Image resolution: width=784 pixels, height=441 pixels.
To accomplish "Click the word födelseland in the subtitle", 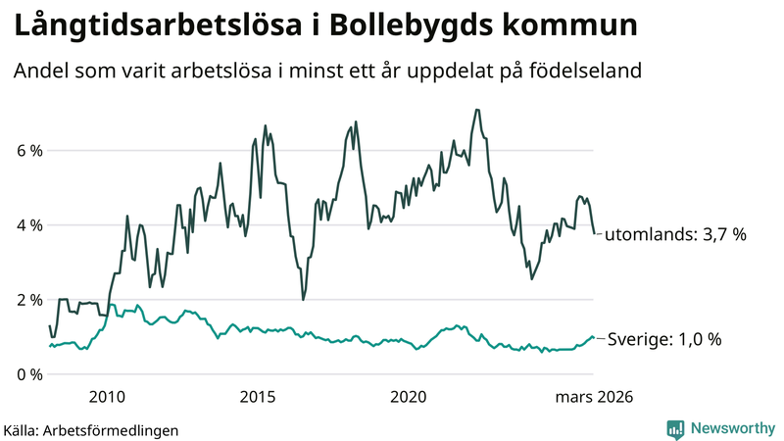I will (592, 72).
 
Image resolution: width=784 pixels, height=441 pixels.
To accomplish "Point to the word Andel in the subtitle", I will (40, 72).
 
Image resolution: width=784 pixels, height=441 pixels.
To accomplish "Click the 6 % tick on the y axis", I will (28, 151).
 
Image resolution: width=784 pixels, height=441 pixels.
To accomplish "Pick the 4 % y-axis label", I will (28, 225).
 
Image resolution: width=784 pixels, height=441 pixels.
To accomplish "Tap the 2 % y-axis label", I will (28, 300).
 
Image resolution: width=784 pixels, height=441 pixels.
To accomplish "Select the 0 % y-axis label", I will (28, 374).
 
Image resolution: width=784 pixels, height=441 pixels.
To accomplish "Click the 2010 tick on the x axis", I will (107, 397).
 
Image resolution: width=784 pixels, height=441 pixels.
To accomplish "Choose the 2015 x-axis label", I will (258, 397).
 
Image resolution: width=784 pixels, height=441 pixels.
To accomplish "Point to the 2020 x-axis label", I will (409, 397).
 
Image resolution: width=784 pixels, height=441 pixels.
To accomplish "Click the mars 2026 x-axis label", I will (594, 397).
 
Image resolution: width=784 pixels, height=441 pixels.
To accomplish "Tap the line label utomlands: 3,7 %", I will (676, 235).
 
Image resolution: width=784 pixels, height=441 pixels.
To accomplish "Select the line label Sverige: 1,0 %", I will (664, 339).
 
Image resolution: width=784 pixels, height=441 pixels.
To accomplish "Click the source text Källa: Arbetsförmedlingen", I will (90, 429).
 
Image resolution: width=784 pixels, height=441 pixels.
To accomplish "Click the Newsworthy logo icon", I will (676, 428).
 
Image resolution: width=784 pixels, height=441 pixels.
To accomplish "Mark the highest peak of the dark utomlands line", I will (476, 110).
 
